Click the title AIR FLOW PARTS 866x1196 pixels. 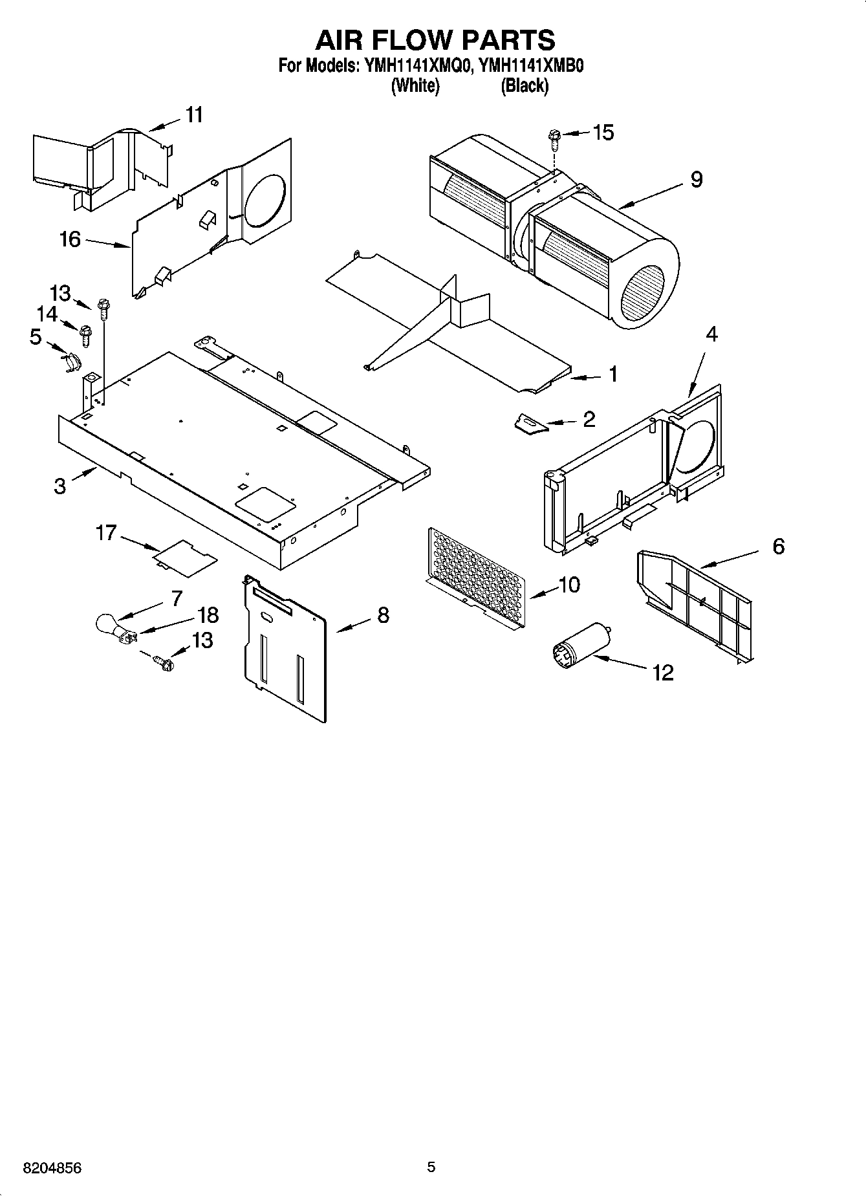[435, 40]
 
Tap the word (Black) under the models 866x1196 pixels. [525, 85]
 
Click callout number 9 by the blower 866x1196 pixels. [696, 179]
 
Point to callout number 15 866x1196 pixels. [602, 133]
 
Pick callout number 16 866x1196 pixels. [70, 239]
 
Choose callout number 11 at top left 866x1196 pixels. [194, 115]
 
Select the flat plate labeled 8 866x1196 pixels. [285, 647]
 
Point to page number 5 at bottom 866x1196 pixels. [431, 1167]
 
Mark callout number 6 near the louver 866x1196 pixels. [778, 547]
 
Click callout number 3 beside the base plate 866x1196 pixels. [60, 485]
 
